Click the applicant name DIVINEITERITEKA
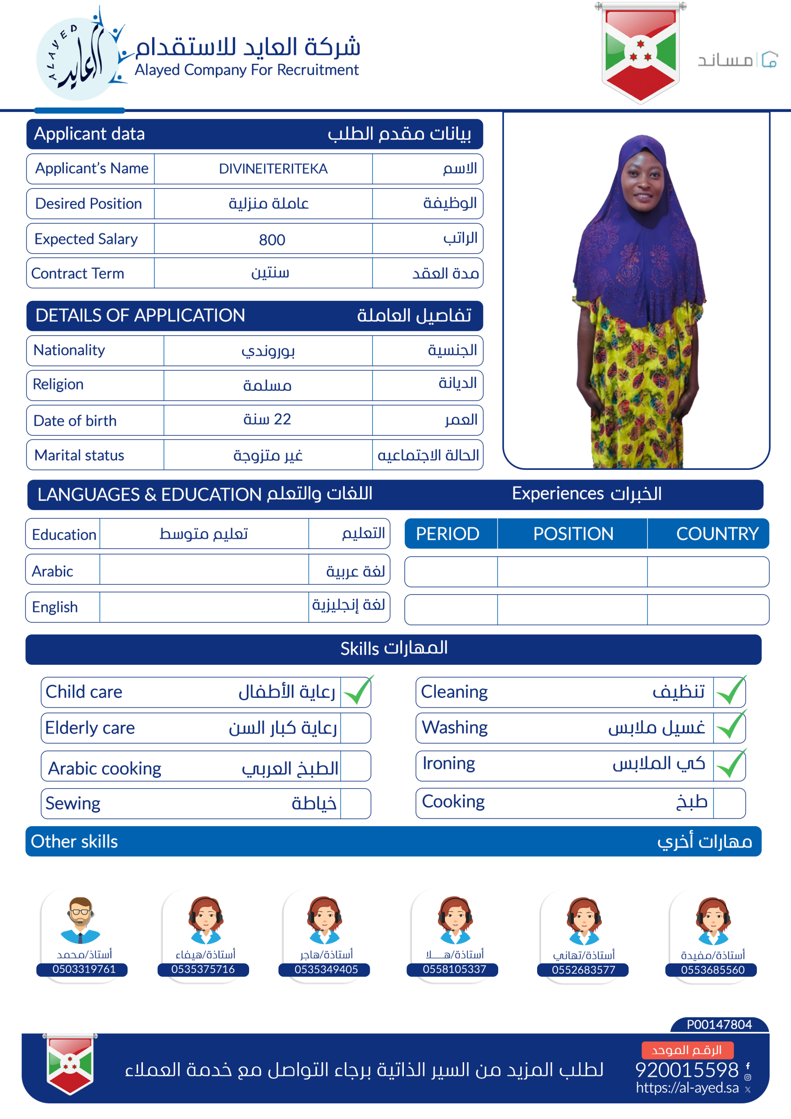pos(273,169)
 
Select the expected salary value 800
pos(272,239)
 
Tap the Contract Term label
pos(77,274)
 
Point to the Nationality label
pos(69,350)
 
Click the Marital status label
pos(79,455)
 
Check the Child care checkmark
pos(357,691)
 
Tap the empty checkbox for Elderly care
pos(355,728)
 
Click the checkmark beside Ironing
pos(730,764)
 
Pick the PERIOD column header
pos(448,534)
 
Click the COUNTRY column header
pos(717,534)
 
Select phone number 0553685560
pos(712,970)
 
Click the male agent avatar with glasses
pos(80,920)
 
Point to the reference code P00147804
pos(719,1025)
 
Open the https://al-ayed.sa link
pos(687,1088)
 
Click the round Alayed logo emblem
pos(78,59)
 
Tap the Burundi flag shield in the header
pos(640,52)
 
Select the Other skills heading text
pos(74,841)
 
